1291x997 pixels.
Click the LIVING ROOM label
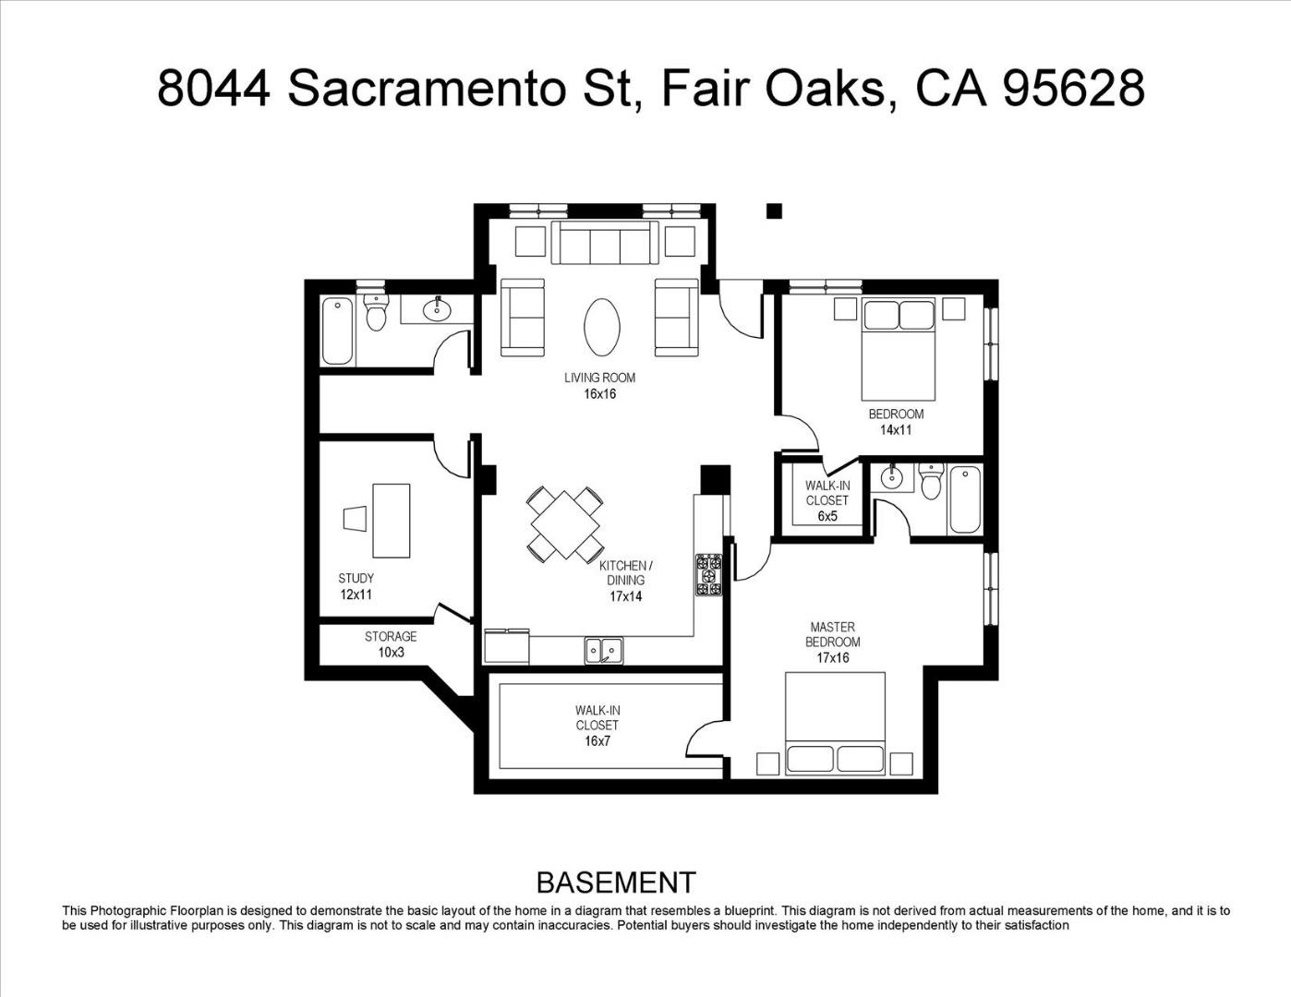coord(599,385)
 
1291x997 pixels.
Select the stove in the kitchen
coord(708,575)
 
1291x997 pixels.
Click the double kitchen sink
coord(603,651)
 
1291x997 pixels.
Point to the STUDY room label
coord(356,586)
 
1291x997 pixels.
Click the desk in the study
coord(391,520)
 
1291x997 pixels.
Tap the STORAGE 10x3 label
coord(390,644)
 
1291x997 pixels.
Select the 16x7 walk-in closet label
coord(597,726)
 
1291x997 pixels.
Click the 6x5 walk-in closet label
coord(826,501)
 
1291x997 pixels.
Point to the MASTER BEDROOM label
coord(832,643)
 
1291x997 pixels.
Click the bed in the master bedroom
coord(835,723)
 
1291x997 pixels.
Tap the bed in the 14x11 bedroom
coord(899,348)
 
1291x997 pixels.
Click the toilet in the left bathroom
coord(375,313)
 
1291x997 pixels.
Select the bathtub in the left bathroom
coord(337,330)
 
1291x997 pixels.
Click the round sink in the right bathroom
coord(891,478)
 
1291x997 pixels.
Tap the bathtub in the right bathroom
coord(964,499)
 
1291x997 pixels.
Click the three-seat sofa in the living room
coord(605,243)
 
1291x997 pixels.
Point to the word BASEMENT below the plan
coord(615,883)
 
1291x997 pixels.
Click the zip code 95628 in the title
coord(1074,89)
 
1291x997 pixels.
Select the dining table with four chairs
coord(565,524)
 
